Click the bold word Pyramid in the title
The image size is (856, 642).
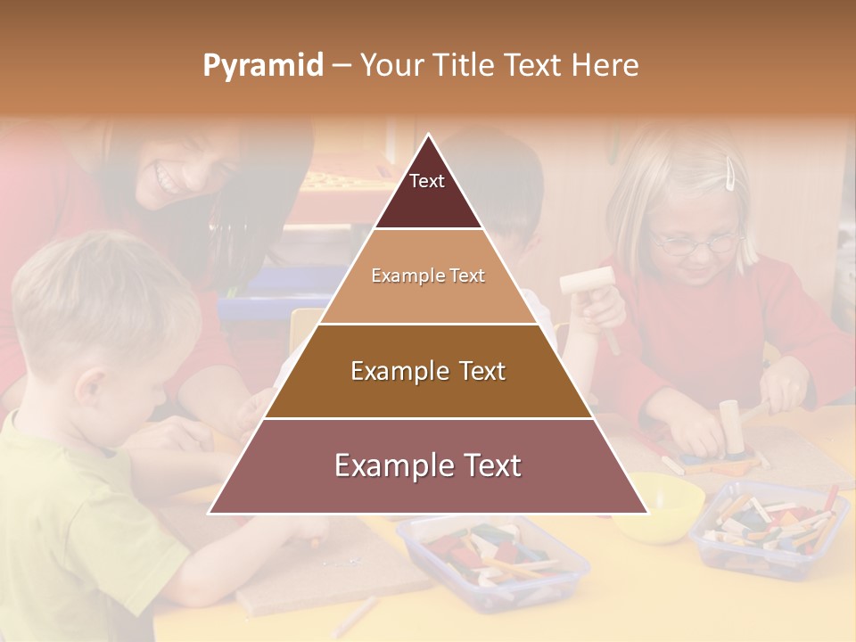pos(263,66)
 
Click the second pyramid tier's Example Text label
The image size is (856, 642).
pos(428,276)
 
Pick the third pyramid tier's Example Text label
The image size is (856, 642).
pos(428,371)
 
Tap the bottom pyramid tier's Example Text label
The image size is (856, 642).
pos(428,465)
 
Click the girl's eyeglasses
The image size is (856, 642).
pos(695,242)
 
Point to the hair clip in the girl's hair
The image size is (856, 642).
pos(731,173)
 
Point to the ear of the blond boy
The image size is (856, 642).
pos(89,389)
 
